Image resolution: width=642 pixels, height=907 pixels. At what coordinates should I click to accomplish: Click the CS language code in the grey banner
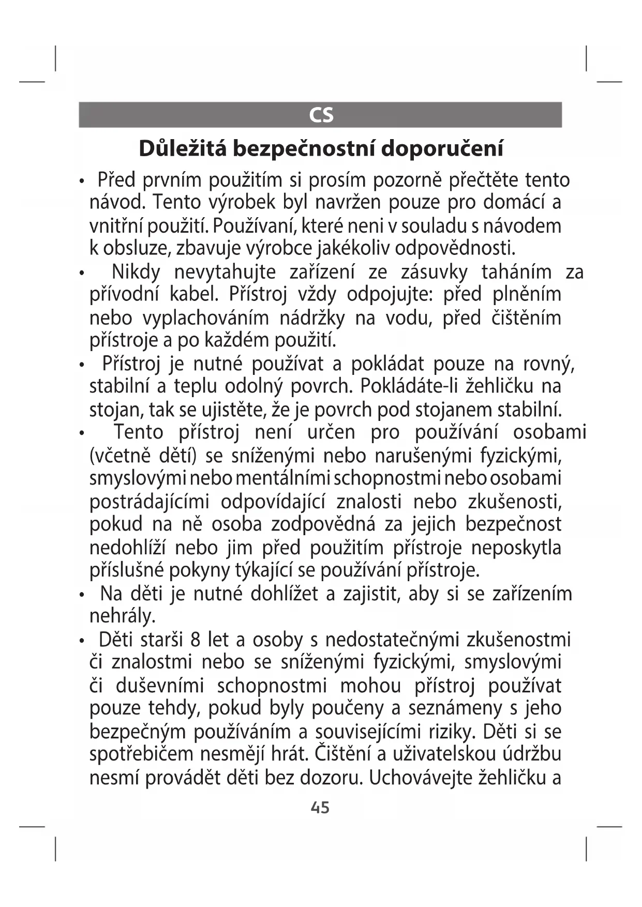pyautogui.click(x=321, y=115)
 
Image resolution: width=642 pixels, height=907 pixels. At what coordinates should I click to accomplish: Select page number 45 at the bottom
pyautogui.click(x=320, y=807)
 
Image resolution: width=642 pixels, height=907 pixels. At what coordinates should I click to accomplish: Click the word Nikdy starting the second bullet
pyautogui.click(x=136, y=271)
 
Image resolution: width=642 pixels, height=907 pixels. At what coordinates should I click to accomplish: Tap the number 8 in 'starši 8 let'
pyautogui.click(x=196, y=640)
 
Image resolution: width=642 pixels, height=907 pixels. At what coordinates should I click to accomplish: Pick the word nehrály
pyautogui.click(x=122, y=616)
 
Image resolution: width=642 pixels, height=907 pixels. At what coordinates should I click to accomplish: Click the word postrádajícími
pyautogui.click(x=149, y=502)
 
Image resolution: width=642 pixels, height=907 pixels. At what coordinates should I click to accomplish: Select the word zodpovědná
pyautogui.click(x=323, y=524)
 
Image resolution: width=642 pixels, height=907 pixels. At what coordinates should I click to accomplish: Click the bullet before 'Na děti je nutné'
pyautogui.click(x=82, y=595)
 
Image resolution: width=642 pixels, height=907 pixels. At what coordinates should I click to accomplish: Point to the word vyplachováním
pyautogui.click(x=205, y=318)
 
